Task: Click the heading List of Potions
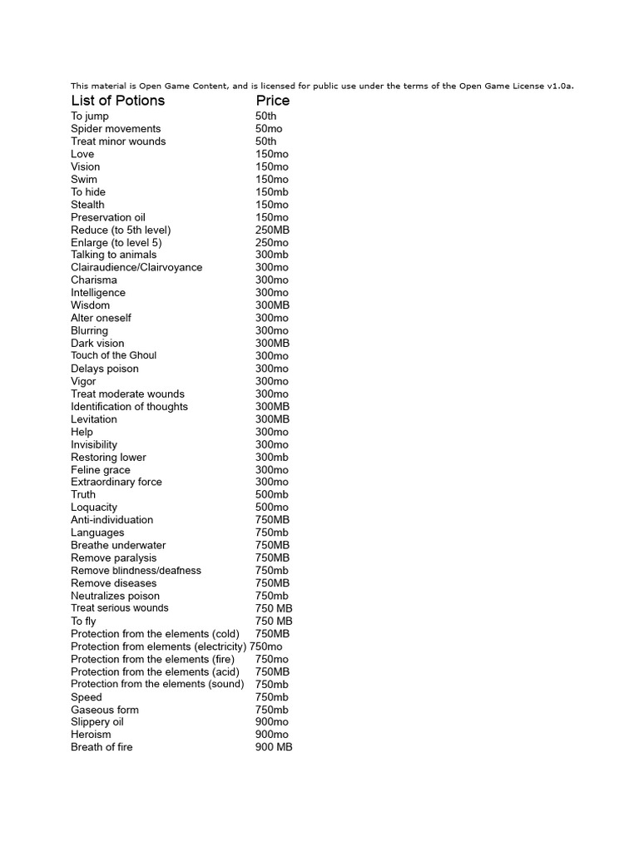coord(117,101)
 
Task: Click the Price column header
coord(273,101)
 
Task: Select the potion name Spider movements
coord(116,129)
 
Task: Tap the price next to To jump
coord(266,116)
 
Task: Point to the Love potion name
coord(82,154)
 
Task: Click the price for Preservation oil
coord(272,217)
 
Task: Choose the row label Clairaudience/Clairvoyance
coord(136,267)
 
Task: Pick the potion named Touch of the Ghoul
coord(113,355)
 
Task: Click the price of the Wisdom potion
coord(273,305)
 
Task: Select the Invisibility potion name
coord(94,444)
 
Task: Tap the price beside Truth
coord(272,494)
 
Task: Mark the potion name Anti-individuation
coord(112,520)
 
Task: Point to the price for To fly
coord(274,621)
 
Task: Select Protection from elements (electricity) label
coord(158,646)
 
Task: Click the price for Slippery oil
coord(272,722)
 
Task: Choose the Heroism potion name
coord(91,735)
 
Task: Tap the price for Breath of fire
coord(274,747)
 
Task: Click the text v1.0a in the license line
coord(559,86)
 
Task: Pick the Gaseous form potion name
coord(105,710)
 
